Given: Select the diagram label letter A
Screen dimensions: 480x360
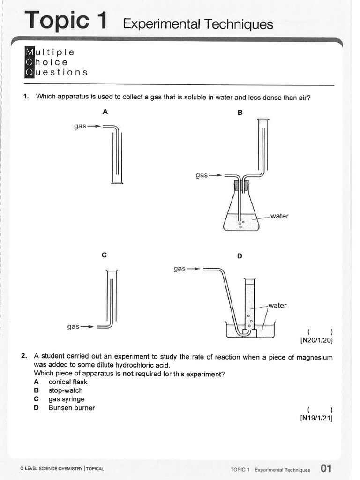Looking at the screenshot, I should pos(105,112).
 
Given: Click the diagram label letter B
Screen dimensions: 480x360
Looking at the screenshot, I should pos(240,112).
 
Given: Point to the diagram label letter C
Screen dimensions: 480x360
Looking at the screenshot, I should pos(104,255).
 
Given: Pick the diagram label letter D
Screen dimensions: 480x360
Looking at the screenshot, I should pos(240,256).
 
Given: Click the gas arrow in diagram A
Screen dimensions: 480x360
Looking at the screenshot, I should pos(95,126).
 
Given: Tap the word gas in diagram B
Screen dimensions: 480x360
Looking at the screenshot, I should pos(202,175).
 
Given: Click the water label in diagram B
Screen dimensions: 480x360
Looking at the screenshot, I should pos(279,216).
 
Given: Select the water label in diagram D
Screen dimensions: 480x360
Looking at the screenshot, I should pos(277,305).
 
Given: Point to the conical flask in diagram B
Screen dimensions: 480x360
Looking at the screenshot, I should pos(241,211).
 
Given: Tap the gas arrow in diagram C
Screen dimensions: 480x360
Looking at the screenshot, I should pos(88,326).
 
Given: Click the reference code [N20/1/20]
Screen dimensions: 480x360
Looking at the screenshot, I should pos(316,341).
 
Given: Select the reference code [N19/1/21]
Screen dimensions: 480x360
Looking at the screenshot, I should pos(316,418).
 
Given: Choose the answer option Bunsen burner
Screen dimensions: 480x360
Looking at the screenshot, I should pos(71,408).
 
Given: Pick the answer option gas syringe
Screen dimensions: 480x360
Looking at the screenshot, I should pos(67,399).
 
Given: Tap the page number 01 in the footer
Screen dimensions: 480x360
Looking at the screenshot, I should pos(326,468).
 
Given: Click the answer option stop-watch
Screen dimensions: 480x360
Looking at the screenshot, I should pos(66,390).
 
